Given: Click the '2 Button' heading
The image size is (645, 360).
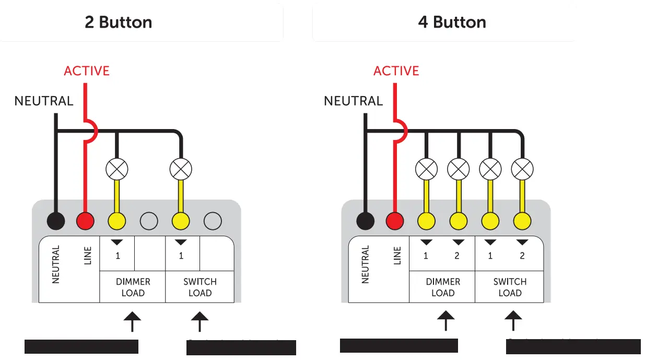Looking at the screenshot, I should pyautogui.click(x=119, y=22).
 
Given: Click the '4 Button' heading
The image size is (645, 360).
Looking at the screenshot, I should pyautogui.click(x=452, y=22).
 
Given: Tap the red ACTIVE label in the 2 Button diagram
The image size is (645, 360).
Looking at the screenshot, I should pyautogui.click(x=87, y=71).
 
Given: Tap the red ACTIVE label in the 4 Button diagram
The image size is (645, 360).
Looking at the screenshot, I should pyautogui.click(x=396, y=71).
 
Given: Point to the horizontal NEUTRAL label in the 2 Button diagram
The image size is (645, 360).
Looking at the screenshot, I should pyautogui.click(x=44, y=101).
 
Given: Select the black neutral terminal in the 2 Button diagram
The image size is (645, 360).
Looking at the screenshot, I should pyautogui.click(x=56, y=221).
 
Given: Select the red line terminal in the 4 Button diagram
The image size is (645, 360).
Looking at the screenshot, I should pyautogui.click(x=395, y=221).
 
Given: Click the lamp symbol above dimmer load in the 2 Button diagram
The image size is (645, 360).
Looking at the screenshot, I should pyautogui.click(x=117, y=169).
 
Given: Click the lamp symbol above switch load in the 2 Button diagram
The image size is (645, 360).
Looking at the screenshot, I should pyautogui.click(x=181, y=169).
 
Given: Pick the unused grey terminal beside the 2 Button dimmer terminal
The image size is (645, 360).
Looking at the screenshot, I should pyautogui.click(x=149, y=221).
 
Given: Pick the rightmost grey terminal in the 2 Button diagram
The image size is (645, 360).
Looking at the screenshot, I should pyautogui.click(x=213, y=221).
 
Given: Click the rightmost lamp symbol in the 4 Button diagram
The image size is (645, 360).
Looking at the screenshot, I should pyautogui.click(x=522, y=169).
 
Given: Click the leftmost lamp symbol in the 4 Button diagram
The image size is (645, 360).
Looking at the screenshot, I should pyautogui.click(x=426, y=169).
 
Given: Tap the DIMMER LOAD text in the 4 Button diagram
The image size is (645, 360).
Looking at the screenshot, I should pyautogui.click(x=442, y=287).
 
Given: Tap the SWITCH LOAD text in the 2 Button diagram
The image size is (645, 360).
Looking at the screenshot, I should pyautogui.click(x=200, y=287).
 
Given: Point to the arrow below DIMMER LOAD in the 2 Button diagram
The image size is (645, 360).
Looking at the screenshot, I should pyautogui.click(x=132, y=321).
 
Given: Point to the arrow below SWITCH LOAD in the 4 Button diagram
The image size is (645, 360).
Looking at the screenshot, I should pyautogui.click(x=513, y=320).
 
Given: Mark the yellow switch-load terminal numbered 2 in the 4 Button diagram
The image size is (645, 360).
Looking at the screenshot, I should pyautogui.click(x=522, y=221).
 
